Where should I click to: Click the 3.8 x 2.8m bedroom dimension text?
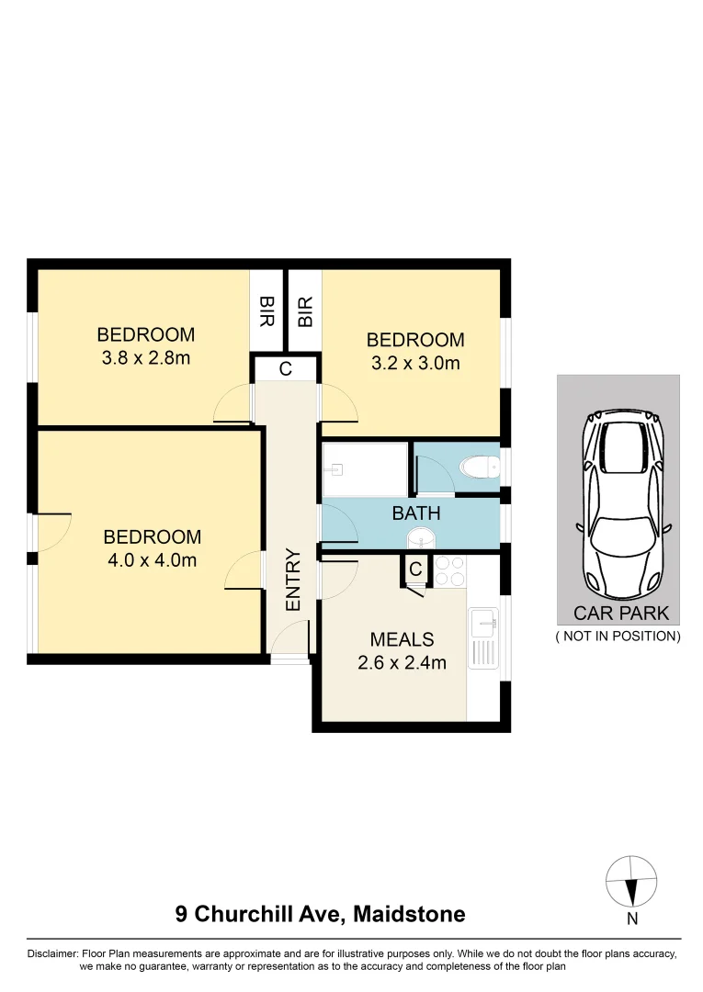[x=146, y=358]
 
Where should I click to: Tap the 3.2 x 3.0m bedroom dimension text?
[x=415, y=363]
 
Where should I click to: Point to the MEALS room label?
[x=402, y=639]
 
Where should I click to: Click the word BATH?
[x=416, y=513]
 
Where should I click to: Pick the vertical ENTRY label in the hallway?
[x=293, y=580]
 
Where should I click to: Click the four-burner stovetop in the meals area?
[x=449, y=571]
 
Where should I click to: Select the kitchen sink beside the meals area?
[x=483, y=625]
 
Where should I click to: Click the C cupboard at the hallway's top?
[x=286, y=369]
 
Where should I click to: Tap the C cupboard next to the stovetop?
[x=415, y=570]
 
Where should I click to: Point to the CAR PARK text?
[x=621, y=614]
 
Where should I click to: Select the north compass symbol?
[x=631, y=883]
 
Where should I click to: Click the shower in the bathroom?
[x=365, y=470]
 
